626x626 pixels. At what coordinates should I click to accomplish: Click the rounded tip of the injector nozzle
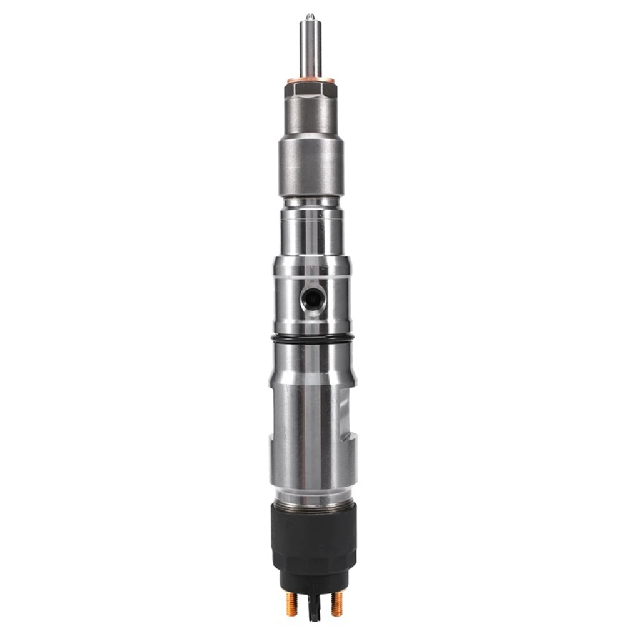pos(309,17)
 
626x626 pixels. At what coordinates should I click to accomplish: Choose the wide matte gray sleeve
pos(311,166)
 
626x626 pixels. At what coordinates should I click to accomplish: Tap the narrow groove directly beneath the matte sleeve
pos(311,202)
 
